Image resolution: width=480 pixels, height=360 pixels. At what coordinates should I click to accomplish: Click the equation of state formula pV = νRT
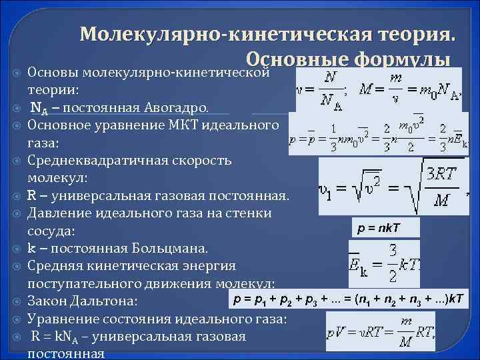[x=381, y=332]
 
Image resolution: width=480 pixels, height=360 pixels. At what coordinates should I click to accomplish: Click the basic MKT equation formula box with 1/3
[x=379, y=136]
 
